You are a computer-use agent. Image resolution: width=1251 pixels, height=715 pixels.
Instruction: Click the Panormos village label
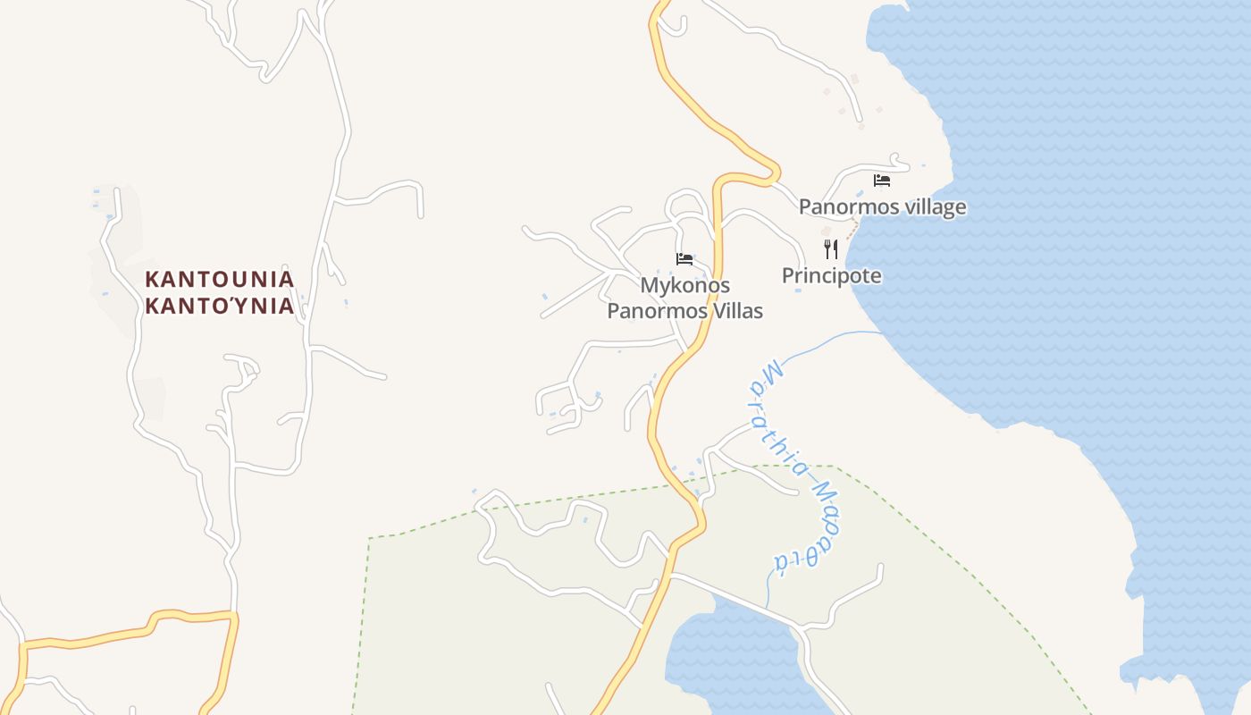[x=882, y=207]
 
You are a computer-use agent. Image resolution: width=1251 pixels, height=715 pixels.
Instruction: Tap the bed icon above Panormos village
[x=882, y=181]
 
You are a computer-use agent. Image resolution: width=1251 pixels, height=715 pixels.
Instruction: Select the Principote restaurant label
[x=831, y=276]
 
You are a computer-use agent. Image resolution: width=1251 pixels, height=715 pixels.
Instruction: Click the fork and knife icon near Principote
[x=831, y=248]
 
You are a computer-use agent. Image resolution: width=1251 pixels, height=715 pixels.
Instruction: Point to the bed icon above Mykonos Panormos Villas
[x=684, y=259]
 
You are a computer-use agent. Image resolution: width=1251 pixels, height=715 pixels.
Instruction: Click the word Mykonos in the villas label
[x=684, y=286]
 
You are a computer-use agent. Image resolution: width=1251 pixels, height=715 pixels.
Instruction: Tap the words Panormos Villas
[x=684, y=311]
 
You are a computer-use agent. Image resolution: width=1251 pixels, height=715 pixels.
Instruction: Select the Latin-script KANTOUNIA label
[x=219, y=279]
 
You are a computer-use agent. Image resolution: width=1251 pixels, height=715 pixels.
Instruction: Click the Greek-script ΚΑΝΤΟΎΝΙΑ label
[x=219, y=307]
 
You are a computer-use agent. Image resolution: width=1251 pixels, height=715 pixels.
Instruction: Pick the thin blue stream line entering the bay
[x=831, y=340]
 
